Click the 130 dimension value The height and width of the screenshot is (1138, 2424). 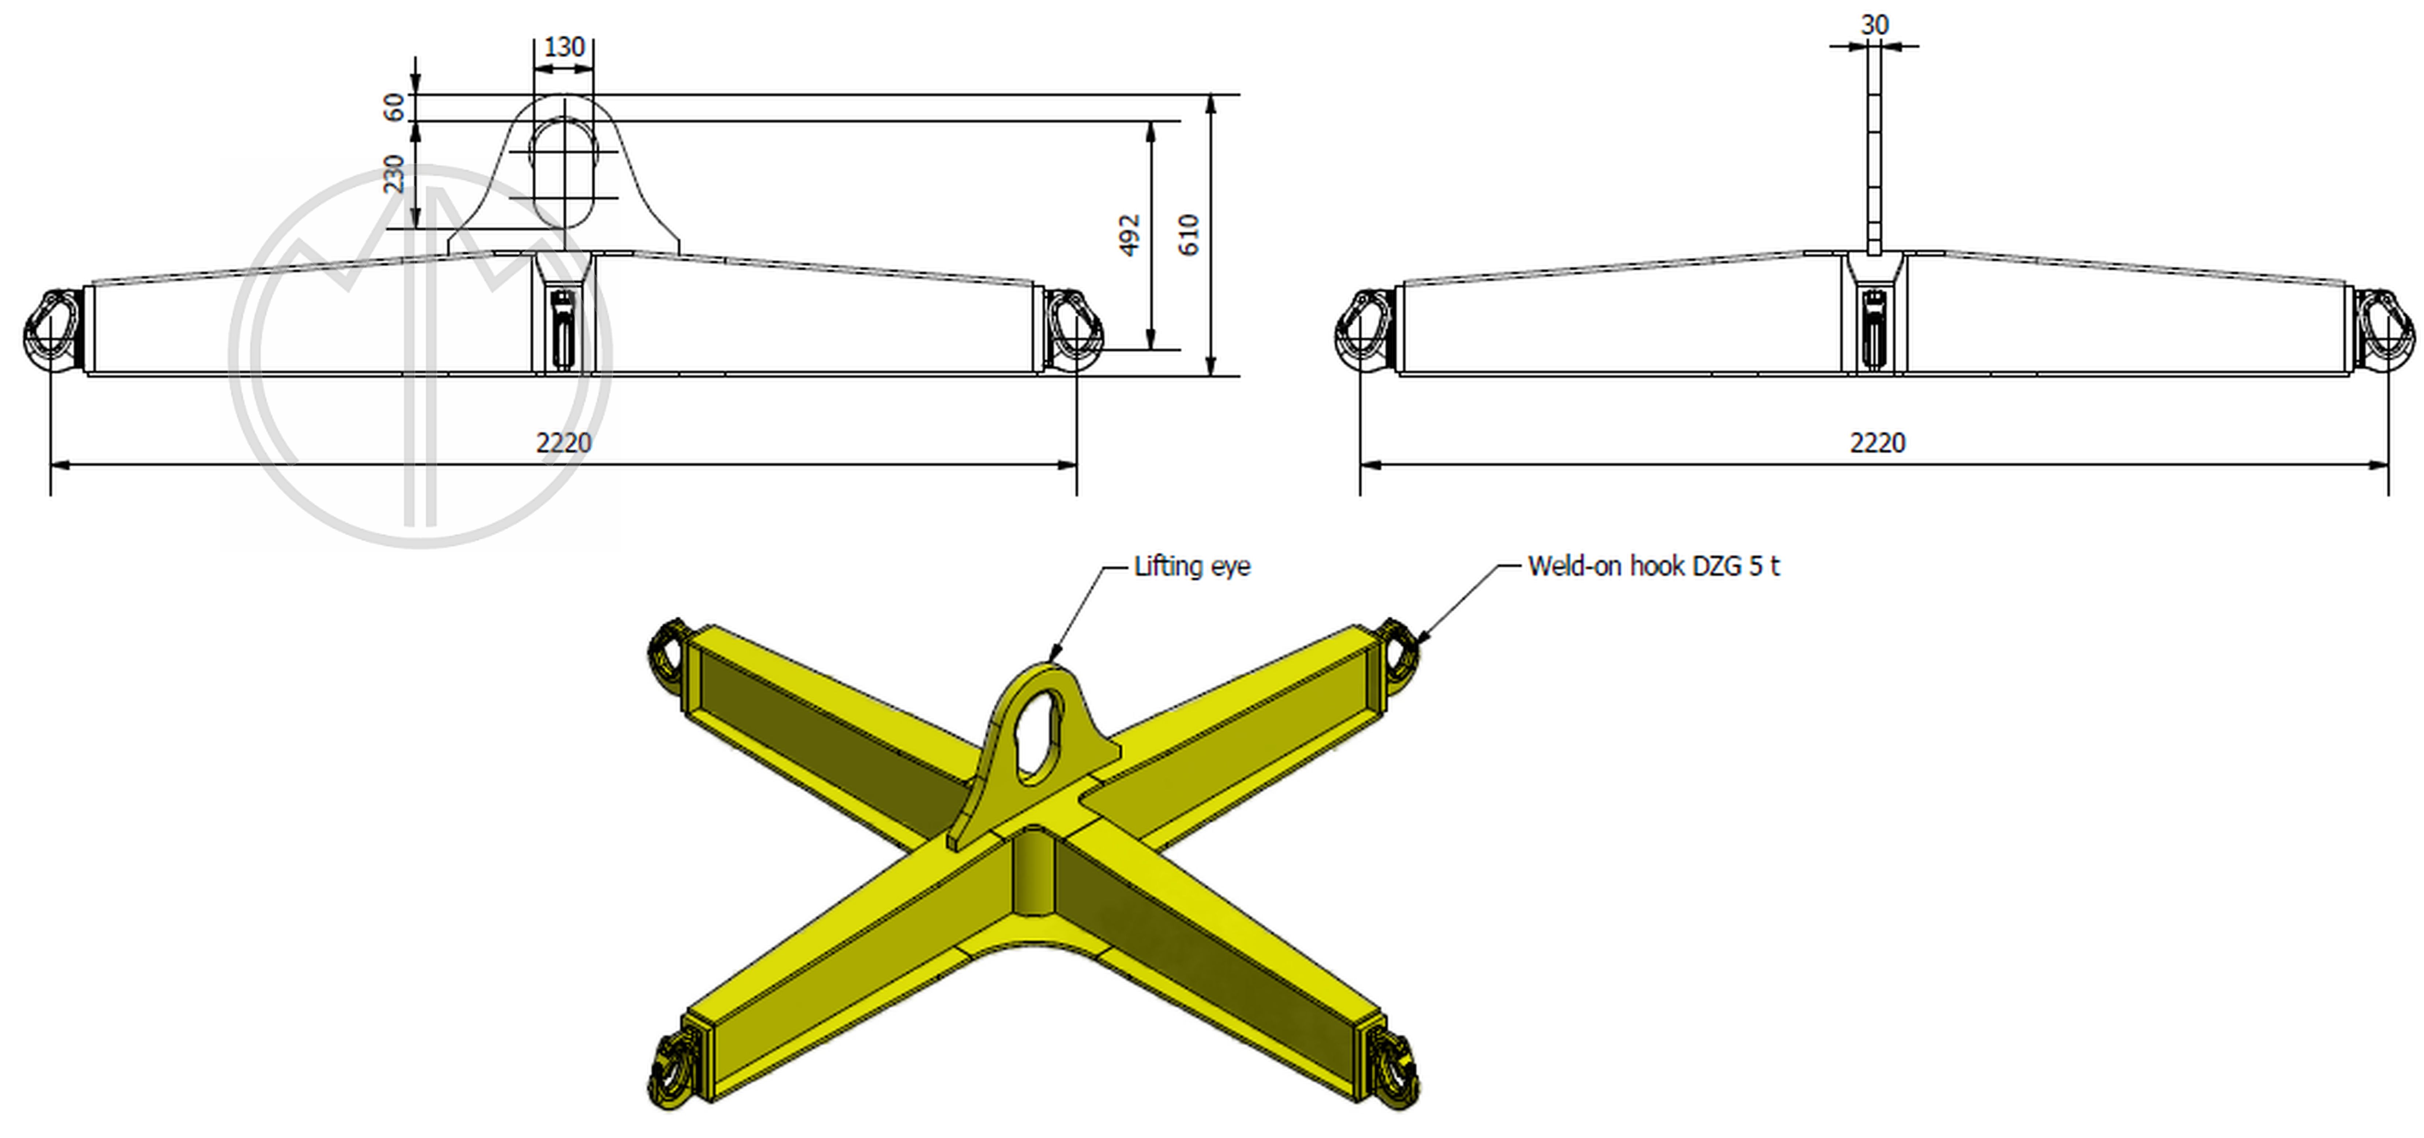564,47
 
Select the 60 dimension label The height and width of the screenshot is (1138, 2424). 393,106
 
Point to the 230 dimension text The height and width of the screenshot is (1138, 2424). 393,174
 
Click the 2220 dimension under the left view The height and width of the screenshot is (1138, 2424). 564,442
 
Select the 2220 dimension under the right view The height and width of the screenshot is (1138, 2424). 1877,442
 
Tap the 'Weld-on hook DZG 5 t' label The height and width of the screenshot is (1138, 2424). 1653,566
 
